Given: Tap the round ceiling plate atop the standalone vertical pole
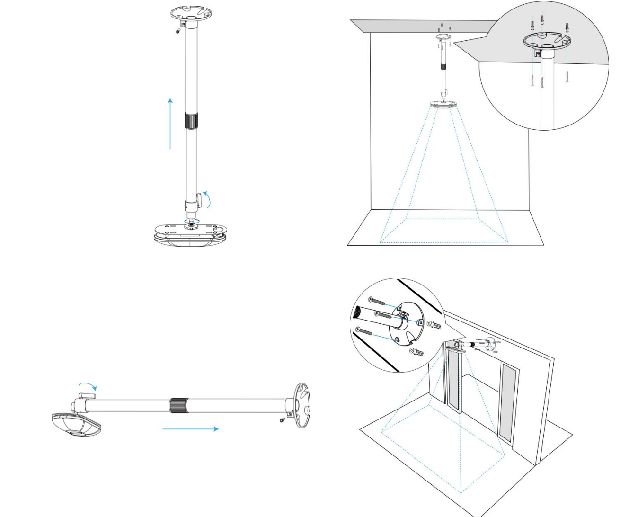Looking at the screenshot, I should click(x=192, y=13).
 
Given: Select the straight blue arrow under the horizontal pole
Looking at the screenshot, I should click(x=190, y=429).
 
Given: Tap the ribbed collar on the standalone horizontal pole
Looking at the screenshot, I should click(x=177, y=406).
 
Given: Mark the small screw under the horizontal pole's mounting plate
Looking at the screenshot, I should click(x=282, y=420).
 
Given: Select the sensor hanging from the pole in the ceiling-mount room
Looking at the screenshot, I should click(x=444, y=104).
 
